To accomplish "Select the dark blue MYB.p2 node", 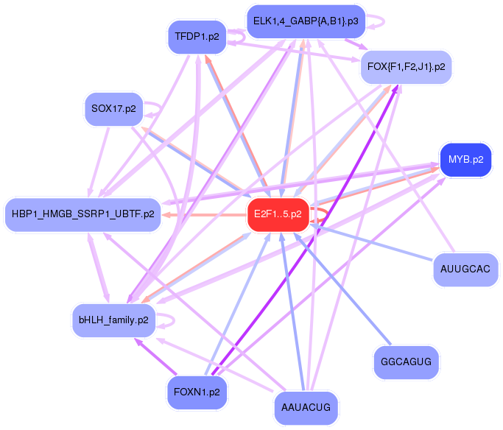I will (x=465, y=160).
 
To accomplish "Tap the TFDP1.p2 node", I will (x=197, y=37).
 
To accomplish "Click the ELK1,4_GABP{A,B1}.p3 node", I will (x=306, y=21).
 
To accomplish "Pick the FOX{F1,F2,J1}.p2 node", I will (x=406, y=67).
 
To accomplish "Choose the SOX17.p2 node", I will (x=113, y=109).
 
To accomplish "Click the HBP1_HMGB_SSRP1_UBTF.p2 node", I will (x=83, y=214).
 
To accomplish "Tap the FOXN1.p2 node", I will (x=197, y=391).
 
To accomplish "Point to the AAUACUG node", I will (x=306, y=406).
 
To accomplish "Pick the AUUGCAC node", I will (x=465, y=269).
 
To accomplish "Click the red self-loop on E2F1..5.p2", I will (x=322, y=215).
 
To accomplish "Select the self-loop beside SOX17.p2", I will (x=155, y=109).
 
